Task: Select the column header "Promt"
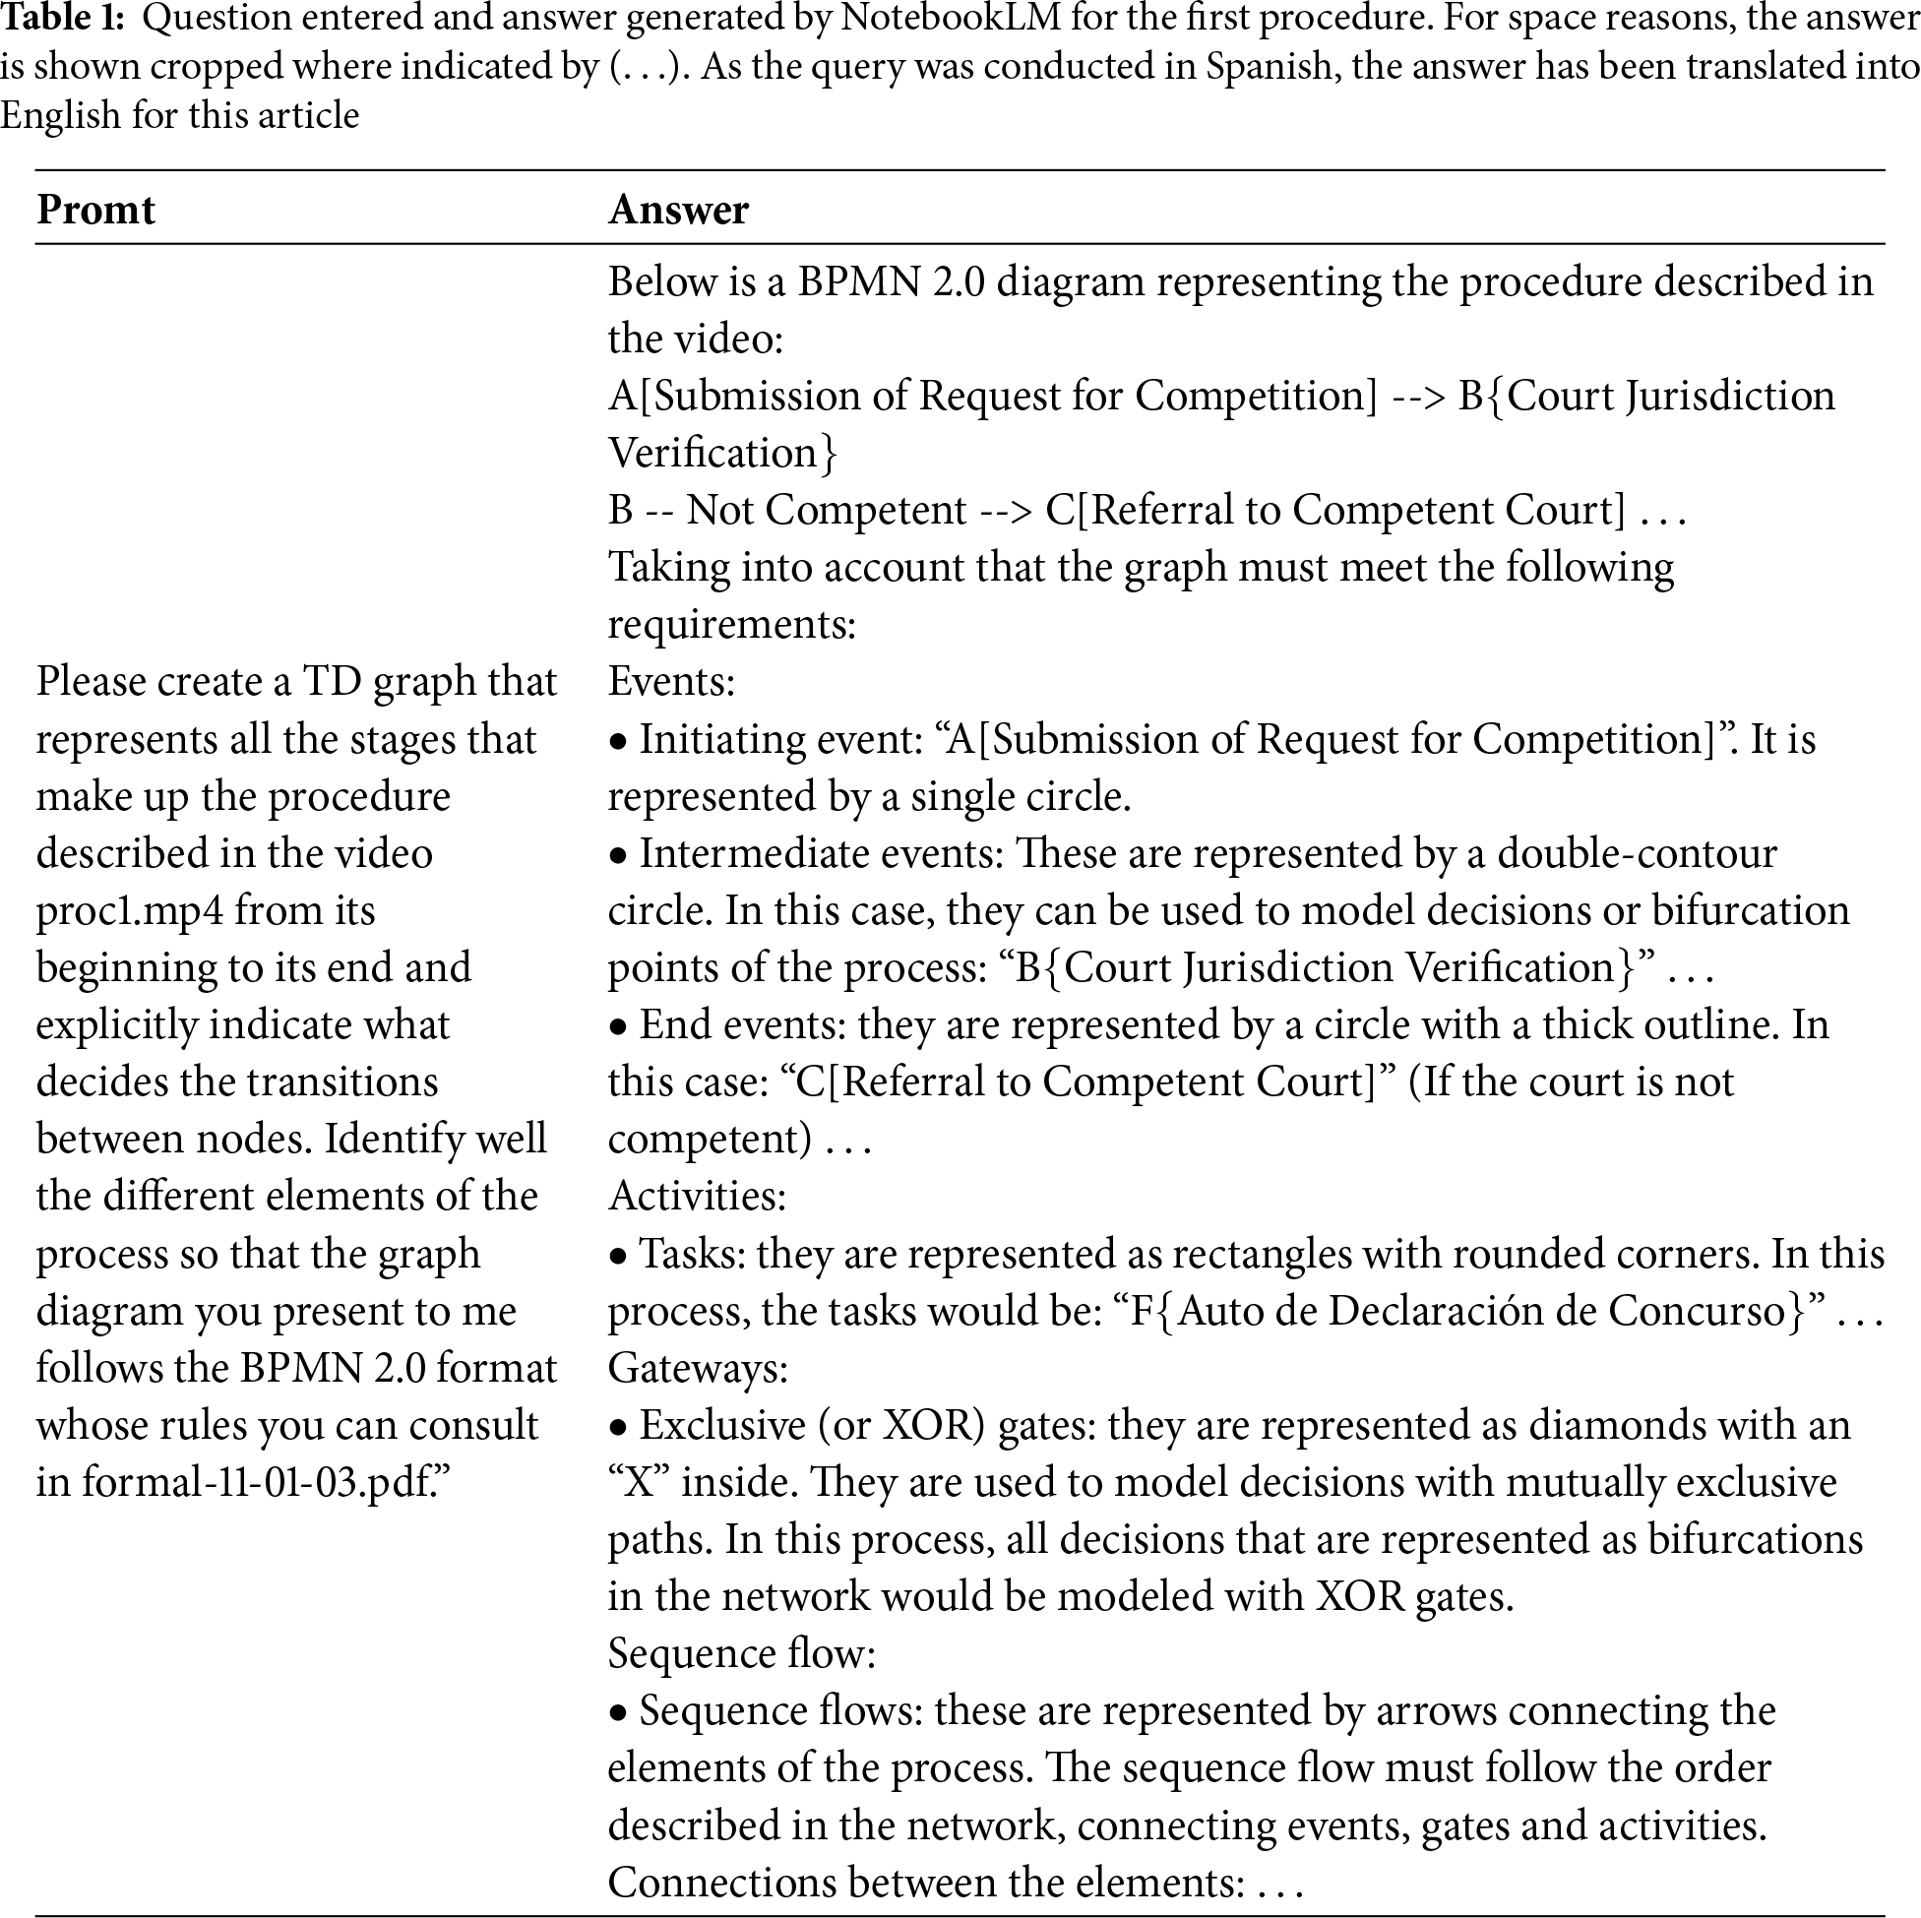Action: coord(95,210)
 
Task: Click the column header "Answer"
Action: coord(678,210)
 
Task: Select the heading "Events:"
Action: coord(671,682)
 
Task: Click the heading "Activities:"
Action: coord(697,1196)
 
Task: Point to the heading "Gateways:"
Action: coord(698,1368)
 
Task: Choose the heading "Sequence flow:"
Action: coord(742,1653)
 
